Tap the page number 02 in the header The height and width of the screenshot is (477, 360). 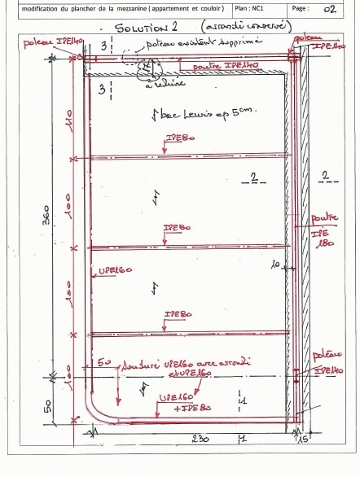[329, 10]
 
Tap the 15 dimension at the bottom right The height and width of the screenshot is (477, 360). [304, 440]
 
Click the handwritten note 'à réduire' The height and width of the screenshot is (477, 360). [169, 82]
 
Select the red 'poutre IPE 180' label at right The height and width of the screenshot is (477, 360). [324, 231]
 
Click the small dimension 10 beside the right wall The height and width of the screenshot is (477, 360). [276, 264]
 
